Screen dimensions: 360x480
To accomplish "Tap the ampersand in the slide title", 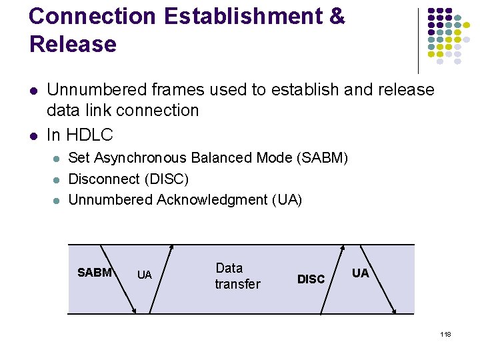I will (337, 17).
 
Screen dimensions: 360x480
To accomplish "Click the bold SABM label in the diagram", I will (95, 273).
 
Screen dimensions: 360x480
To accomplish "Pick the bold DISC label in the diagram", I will (311, 279).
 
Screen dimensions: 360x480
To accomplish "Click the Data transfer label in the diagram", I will (237, 276).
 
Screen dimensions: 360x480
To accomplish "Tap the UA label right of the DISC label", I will (360, 273).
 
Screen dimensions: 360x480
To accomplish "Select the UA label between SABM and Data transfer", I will (144, 275).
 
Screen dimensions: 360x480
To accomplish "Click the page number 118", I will (445, 334).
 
